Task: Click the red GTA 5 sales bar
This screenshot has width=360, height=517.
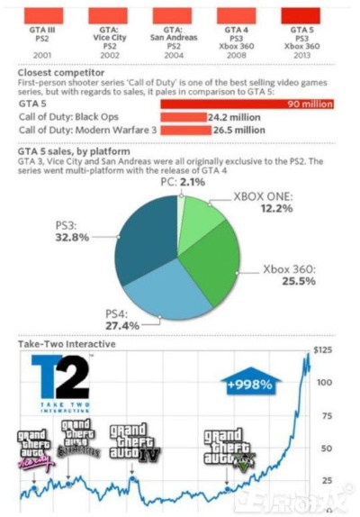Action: click(247, 104)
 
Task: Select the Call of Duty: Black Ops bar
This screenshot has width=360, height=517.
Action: click(183, 117)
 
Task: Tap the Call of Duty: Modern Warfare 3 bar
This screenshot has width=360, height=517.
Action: click(184, 130)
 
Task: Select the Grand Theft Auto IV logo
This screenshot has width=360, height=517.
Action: click(134, 443)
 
